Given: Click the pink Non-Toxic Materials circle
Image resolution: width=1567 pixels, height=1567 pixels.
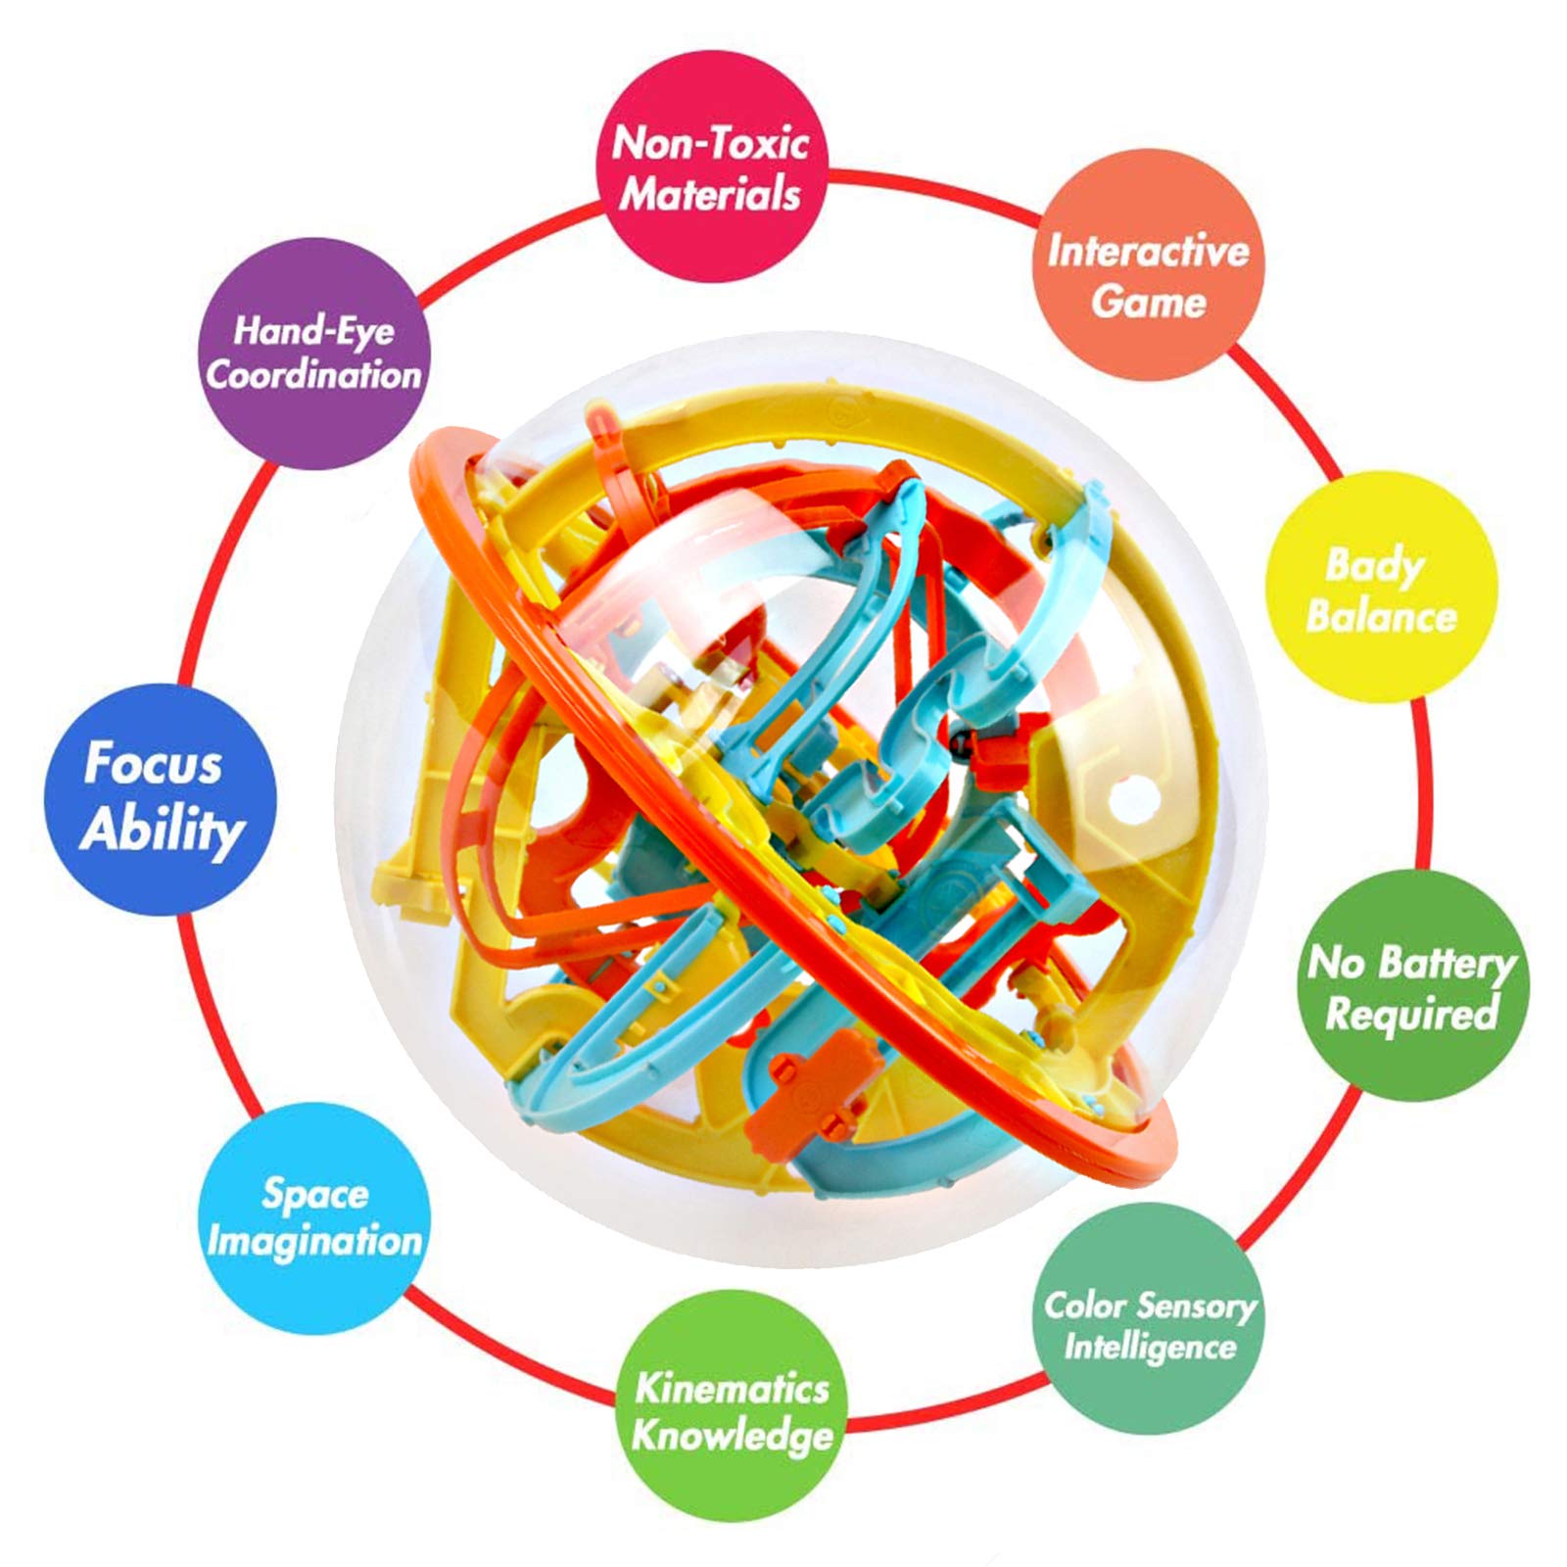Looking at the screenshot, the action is tap(711, 166).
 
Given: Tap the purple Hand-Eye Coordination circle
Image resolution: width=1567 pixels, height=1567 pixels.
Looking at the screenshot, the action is tap(313, 354).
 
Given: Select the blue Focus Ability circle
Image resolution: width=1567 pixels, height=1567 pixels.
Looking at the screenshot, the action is tap(161, 799).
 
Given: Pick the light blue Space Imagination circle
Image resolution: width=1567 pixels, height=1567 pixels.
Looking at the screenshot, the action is tap(313, 1218).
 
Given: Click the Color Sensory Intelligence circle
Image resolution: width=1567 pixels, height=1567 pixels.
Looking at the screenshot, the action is tap(1149, 1325).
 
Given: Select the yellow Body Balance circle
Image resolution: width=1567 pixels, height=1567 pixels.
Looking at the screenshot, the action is tap(1382, 588).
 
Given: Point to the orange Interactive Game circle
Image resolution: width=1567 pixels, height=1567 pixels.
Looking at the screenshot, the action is tap(1149, 264).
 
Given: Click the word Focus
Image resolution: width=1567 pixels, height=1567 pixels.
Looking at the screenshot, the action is tap(153, 764).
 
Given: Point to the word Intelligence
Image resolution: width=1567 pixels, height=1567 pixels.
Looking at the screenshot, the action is tap(1151, 1348).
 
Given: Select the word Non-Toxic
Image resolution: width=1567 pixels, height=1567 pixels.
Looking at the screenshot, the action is tap(711, 144).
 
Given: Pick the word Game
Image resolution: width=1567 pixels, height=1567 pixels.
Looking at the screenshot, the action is tap(1149, 302).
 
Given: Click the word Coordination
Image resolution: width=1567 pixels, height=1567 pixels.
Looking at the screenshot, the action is tap(313, 374).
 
